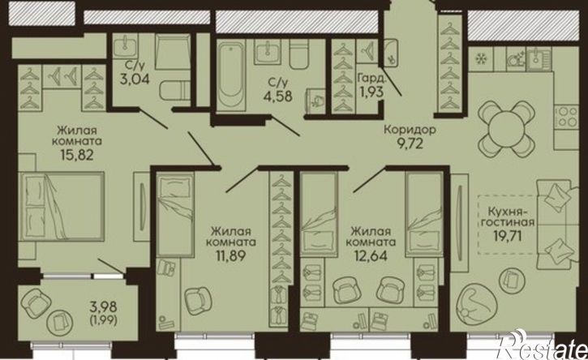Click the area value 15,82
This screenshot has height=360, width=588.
click(x=77, y=155)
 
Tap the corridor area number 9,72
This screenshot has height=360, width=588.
click(x=410, y=143)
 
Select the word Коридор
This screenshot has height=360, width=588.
click(x=410, y=130)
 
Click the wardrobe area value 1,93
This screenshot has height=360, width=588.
click(x=372, y=92)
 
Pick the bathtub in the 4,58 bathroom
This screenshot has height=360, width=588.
click(x=231, y=75)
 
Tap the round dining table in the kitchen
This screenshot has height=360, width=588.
click(x=505, y=129)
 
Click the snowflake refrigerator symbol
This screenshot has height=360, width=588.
click(x=480, y=58)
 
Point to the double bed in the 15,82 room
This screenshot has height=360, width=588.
click(x=62, y=206)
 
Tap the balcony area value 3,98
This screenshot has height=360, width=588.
click(x=104, y=307)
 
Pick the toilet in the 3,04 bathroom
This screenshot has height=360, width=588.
click(x=175, y=90)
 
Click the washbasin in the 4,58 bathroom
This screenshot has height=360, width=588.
click(x=268, y=51)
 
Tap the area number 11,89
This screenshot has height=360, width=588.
click(x=230, y=255)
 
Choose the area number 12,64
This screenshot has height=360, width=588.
click(x=371, y=255)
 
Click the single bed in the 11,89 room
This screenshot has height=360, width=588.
click(x=175, y=215)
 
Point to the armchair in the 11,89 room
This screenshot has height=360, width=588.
click(x=198, y=301)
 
